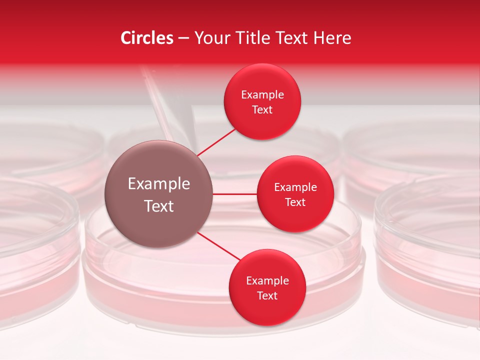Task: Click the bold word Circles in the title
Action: (x=147, y=38)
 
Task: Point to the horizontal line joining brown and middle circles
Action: (x=235, y=194)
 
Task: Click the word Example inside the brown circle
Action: (x=159, y=184)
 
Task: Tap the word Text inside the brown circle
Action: (x=159, y=206)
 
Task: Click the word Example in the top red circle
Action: (x=262, y=94)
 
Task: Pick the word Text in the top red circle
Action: (x=262, y=109)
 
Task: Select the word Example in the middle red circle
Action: (x=295, y=187)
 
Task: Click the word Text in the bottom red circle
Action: (x=267, y=295)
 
